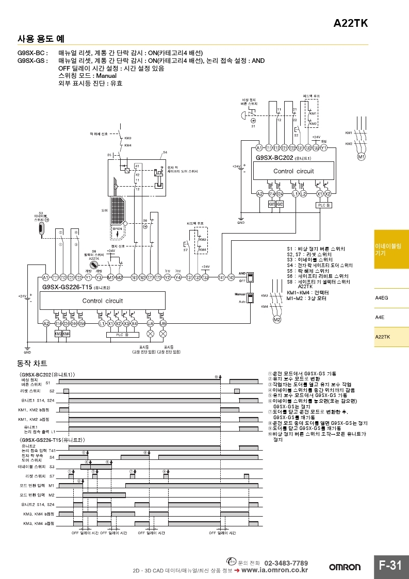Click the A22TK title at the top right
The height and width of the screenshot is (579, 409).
coord(351,23)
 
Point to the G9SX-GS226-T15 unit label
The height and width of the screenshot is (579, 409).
coord(67,287)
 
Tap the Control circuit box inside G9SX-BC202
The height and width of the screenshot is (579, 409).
coord(293,171)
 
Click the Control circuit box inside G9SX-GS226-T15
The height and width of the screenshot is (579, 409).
coord(103,301)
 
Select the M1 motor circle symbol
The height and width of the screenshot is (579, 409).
coord(362,156)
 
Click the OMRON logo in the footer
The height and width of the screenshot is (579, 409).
coord(345,567)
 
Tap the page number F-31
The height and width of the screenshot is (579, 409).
coord(390,566)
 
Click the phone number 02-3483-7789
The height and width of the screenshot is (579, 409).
coord(286,563)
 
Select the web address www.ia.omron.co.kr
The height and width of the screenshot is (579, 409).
coord(279,570)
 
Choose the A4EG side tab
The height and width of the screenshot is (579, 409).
coord(382,298)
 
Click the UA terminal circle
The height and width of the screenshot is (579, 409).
coord(151,323)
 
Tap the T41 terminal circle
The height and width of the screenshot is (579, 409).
coord(221,277)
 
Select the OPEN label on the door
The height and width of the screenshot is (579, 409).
coord(118,229)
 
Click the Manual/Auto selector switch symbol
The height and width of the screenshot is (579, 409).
coord(250,299)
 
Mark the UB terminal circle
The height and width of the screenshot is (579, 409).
coord(163,323)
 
